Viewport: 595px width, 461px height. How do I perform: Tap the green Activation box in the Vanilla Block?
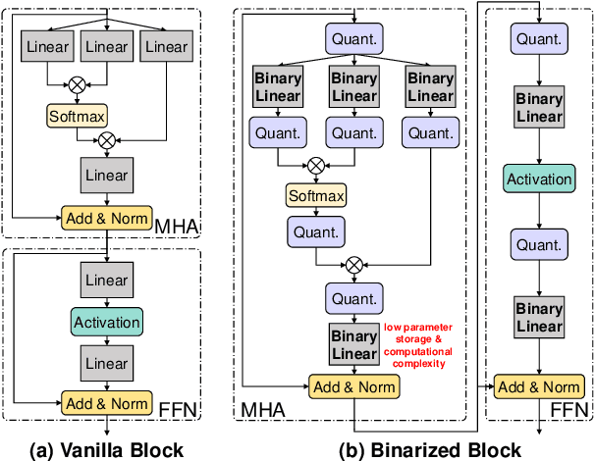tap(106, 321)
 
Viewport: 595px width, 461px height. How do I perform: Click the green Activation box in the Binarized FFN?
tap(538, 179)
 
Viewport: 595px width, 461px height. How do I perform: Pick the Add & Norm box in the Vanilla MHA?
tap(105, 216)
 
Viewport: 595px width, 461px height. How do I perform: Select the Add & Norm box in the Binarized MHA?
tap(352, 386)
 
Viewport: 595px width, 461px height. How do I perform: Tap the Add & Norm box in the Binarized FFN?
tap(537, 386)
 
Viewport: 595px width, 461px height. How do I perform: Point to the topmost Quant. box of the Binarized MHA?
tap(352, 40)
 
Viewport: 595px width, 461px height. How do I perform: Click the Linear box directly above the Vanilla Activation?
tap(106, 281)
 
